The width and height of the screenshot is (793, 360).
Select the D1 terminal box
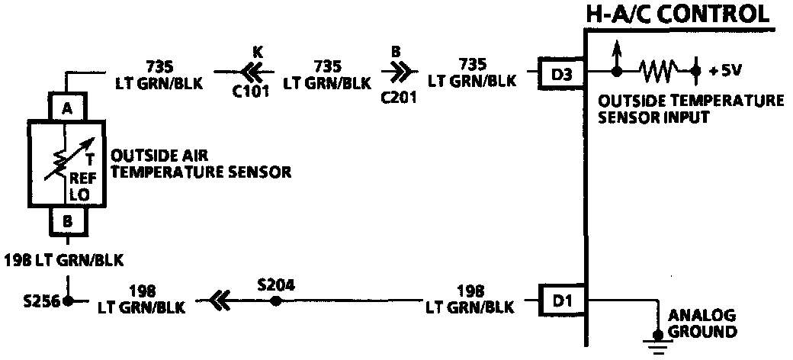point(560,301)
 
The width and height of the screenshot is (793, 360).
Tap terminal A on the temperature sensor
point(68,108)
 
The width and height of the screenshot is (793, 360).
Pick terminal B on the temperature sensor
point(68,221)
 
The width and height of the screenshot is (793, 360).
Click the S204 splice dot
point(275,301)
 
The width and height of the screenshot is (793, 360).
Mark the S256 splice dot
point(68,301)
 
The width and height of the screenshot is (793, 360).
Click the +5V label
point(724,72)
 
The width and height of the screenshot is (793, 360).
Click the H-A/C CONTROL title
point(676,14)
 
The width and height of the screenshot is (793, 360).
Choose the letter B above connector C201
point(396,52)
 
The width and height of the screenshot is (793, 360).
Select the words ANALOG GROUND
point(701,323)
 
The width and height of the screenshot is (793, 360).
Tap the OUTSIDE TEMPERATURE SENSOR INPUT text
point(691,109)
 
